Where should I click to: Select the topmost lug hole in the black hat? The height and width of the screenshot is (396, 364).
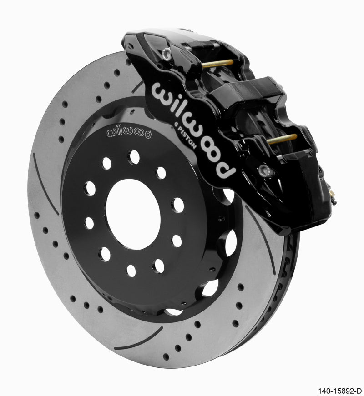[x=133, y=157]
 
